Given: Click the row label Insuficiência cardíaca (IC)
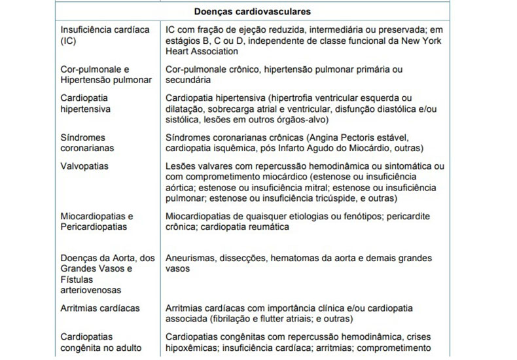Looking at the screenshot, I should (x=99, y=35).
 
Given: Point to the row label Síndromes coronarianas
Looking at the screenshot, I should (x=88, y=143).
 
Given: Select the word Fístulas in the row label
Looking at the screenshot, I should (x=77, y=279).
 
